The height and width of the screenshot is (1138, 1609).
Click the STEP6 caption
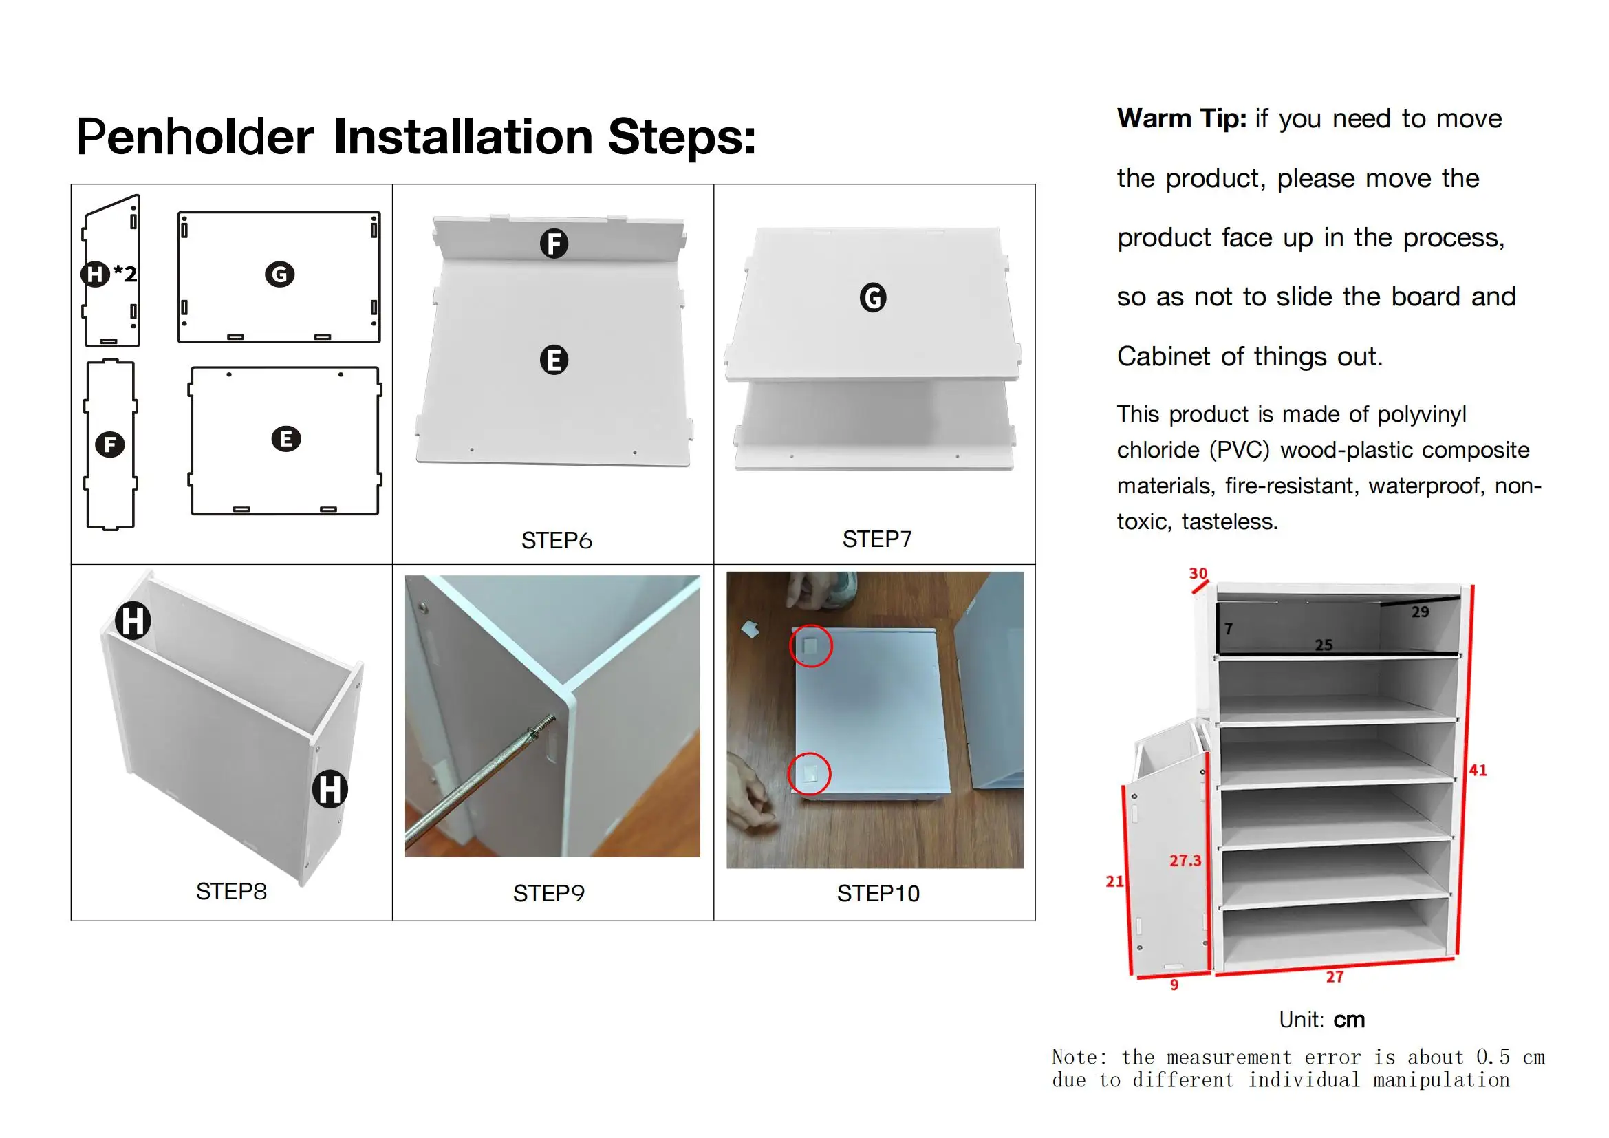[557, 540]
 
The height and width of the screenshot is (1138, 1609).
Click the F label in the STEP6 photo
[554, 244]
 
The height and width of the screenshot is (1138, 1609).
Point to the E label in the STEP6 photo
[554, 360]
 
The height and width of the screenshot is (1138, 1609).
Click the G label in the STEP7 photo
[872, 298]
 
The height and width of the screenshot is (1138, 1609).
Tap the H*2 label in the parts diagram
[109, 273]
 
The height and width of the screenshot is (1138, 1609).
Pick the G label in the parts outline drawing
[279, 274]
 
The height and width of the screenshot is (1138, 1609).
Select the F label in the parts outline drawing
[110, 444]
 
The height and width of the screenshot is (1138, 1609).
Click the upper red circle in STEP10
[811, 645]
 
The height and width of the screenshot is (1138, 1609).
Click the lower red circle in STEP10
[810, 773]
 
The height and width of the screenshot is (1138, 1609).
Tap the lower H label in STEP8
[330, 789]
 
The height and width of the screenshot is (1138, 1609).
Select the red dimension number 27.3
[1185, 861]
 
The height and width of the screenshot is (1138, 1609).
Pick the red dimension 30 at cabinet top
[1198, 573]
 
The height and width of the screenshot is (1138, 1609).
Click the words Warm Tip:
[1182, 118]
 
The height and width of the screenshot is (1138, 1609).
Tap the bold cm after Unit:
[1348, 1020]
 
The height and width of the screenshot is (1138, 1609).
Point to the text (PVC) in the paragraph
[1240, 450]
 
